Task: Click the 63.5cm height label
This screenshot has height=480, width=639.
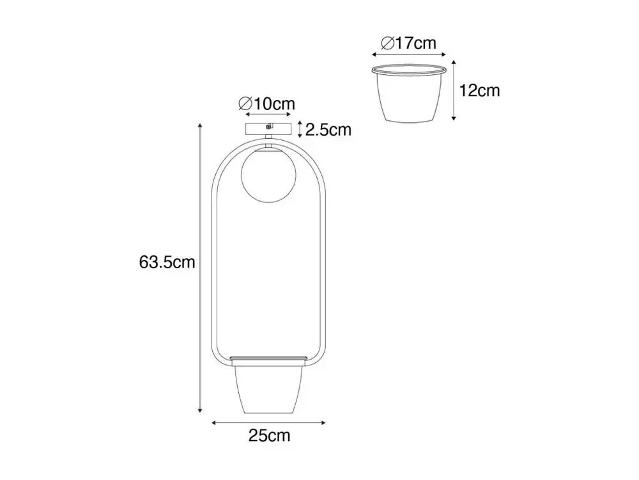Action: (167, 262)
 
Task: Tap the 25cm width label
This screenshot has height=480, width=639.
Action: (270, 435)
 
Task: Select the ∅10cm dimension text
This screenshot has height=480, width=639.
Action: (266, 104)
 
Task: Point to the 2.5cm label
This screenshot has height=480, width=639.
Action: (328, 130)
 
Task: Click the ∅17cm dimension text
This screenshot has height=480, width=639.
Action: (408, 43)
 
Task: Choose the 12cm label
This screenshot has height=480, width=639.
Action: (479, 91)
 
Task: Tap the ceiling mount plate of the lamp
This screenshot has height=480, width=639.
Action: (268, 129)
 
